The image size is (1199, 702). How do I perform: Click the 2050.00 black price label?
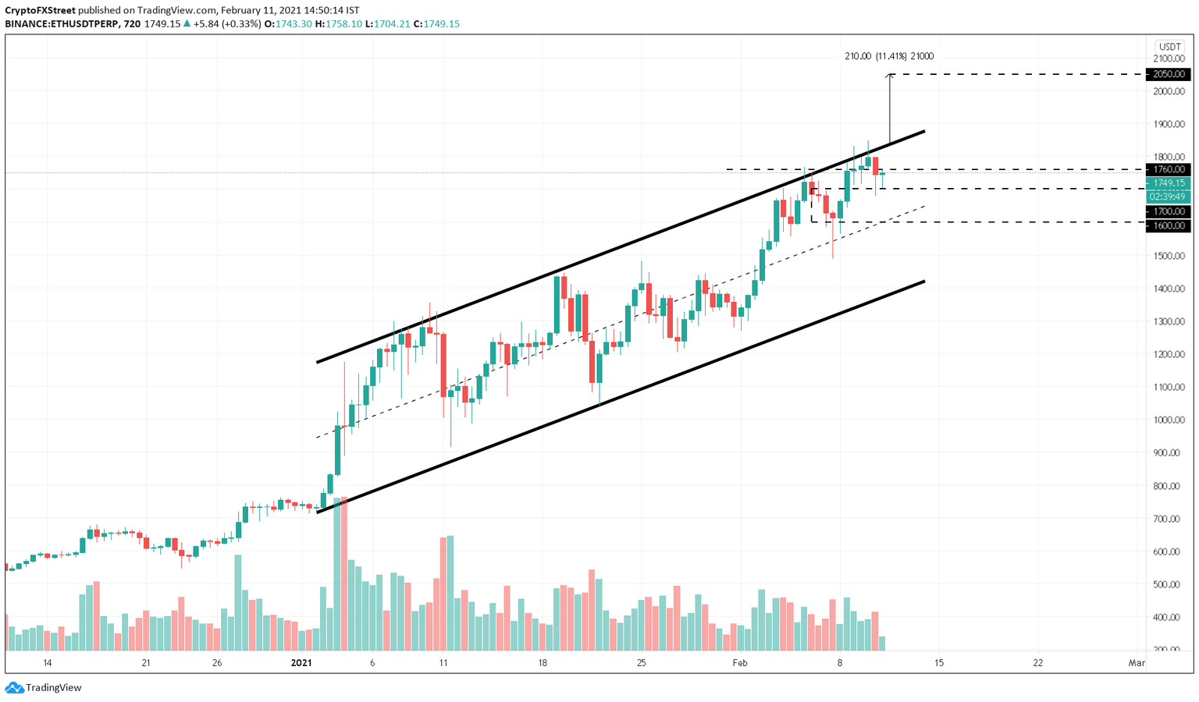(x=1168, y=74)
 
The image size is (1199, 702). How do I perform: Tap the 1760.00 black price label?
(x=1168, y=169)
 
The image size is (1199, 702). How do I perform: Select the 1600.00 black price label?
(x=1168, y=225)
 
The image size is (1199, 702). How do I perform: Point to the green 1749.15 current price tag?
(x=1168, y=183)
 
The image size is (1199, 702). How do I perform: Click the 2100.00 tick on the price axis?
(x=1169, y=58)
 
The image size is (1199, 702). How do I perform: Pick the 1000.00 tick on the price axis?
(x=1169, y=420)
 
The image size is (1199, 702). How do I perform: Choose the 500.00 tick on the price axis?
(x=1169, y=584)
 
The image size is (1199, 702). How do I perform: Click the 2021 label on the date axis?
(x=301, y=663)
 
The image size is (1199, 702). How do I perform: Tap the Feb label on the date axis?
(x=739, y=663)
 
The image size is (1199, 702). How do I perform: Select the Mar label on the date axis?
(x=1137, y=663)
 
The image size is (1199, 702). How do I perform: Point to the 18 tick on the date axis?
(x=543, y=663)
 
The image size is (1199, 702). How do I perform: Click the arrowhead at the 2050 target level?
(x=890, y=76)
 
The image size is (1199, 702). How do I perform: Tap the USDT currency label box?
(x=1169, y=46)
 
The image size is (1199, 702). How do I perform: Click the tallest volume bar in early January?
(x=337, y=573)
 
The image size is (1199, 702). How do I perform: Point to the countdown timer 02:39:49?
(x=1168, y=197)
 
